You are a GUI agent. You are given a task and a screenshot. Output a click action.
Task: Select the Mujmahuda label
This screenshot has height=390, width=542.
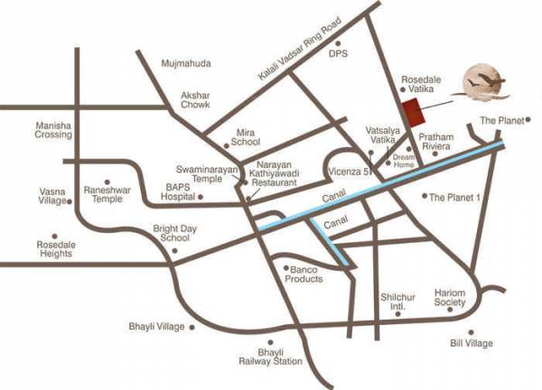point(185,64)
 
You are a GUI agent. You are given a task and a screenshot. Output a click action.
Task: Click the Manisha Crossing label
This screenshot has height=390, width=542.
point(53,130)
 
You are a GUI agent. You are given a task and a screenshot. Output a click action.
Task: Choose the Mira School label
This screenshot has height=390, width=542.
point(245,136)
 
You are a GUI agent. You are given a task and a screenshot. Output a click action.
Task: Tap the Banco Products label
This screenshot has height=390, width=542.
point(304,274)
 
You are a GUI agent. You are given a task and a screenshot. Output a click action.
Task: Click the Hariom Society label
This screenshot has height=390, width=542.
point(449,300)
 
